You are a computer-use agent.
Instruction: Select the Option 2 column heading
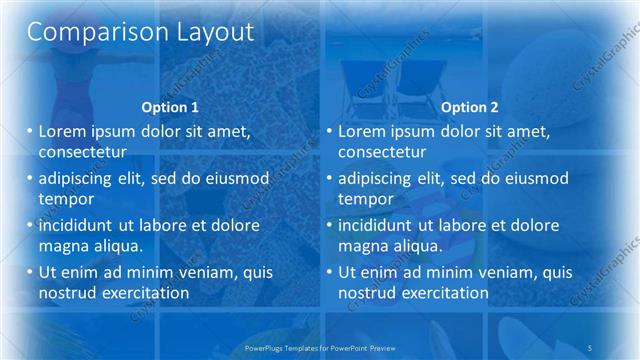pos(469,107)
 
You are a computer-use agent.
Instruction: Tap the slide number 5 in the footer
pos(590,347)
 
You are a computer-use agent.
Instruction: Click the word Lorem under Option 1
pos(62,131)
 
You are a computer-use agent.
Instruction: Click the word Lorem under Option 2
pos(361,131)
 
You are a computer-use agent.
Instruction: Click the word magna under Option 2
pos(364,245)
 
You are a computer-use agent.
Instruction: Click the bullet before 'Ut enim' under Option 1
pos(30,272)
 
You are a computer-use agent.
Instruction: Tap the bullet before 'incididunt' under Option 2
pos(329,225)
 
